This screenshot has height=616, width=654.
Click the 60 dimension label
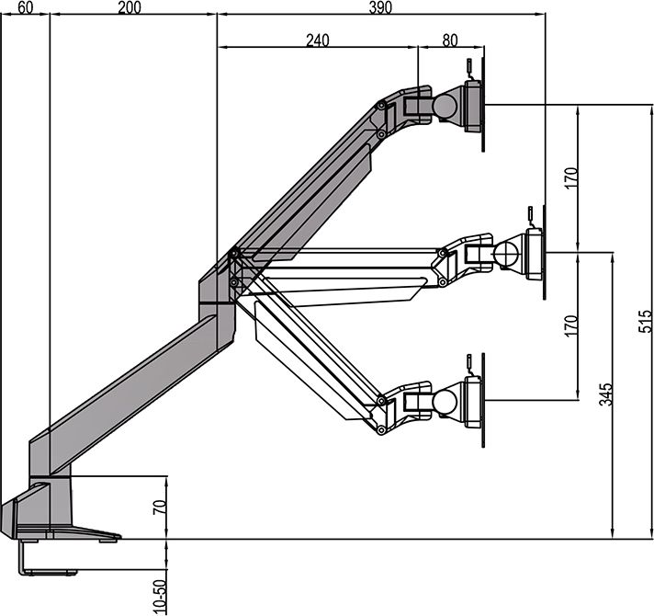click(26, 7)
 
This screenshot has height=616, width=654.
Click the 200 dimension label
click(130, 7)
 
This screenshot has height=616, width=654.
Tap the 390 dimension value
click(380, 7)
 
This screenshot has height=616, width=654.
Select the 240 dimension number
click(318, 40)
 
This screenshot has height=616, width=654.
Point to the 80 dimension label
click(450, 40)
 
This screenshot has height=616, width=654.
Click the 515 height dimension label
click(645, 321)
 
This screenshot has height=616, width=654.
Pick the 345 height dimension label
click(606, 394)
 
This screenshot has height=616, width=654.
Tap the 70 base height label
click(160, 507)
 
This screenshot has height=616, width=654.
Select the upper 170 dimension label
click(571, 178)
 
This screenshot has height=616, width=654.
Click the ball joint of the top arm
click(445, 106)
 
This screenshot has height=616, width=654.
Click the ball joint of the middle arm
click(506, 253)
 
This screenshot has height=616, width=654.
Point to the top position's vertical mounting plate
click(483, 98)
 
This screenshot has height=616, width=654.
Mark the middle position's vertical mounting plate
click(545, 252)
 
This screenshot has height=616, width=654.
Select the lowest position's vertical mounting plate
click(483, 400)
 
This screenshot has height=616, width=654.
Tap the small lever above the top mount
click(469, 68)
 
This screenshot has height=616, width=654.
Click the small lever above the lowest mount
click(469, 364)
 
